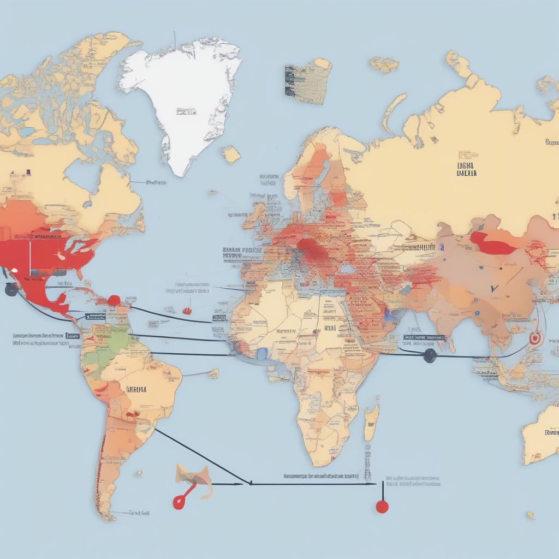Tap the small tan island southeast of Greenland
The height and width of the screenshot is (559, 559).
point(231,154)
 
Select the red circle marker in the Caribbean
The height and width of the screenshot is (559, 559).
point(114,300)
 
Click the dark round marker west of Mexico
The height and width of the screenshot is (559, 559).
point(11,290)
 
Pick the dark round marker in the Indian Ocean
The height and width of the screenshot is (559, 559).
point(430,356)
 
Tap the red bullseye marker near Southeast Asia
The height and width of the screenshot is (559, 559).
point(534,338)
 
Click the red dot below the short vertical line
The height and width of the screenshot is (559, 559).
point(382,507)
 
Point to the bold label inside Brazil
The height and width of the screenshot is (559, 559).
point(136,390)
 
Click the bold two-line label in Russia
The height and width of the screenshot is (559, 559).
point(466,169)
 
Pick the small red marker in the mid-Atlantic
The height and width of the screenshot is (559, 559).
point(187,311)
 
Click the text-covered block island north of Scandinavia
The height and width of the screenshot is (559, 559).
point(307,81)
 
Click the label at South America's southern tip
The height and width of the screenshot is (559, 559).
point(140,513)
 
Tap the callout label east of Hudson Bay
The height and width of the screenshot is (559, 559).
point(156,182)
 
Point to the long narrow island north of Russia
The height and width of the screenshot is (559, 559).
point(394,112)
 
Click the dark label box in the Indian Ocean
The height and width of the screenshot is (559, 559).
point(425,338)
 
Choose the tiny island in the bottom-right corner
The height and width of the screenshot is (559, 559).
point(530,515)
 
